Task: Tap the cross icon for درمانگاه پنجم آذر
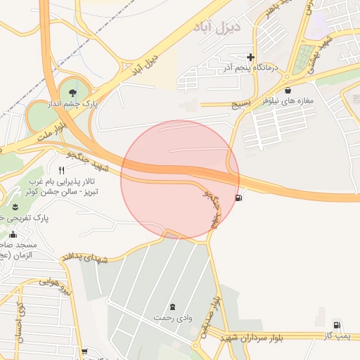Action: tap(251, 57)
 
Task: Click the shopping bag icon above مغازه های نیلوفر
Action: tap(289, 90)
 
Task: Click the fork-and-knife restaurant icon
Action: tap(62, 170)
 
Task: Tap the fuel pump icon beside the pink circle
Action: tap(240, 198)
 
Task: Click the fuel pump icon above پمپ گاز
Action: tap(337, 325)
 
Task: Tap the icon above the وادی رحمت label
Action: tap(173, 307)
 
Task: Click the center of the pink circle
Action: tap(180, 179)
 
